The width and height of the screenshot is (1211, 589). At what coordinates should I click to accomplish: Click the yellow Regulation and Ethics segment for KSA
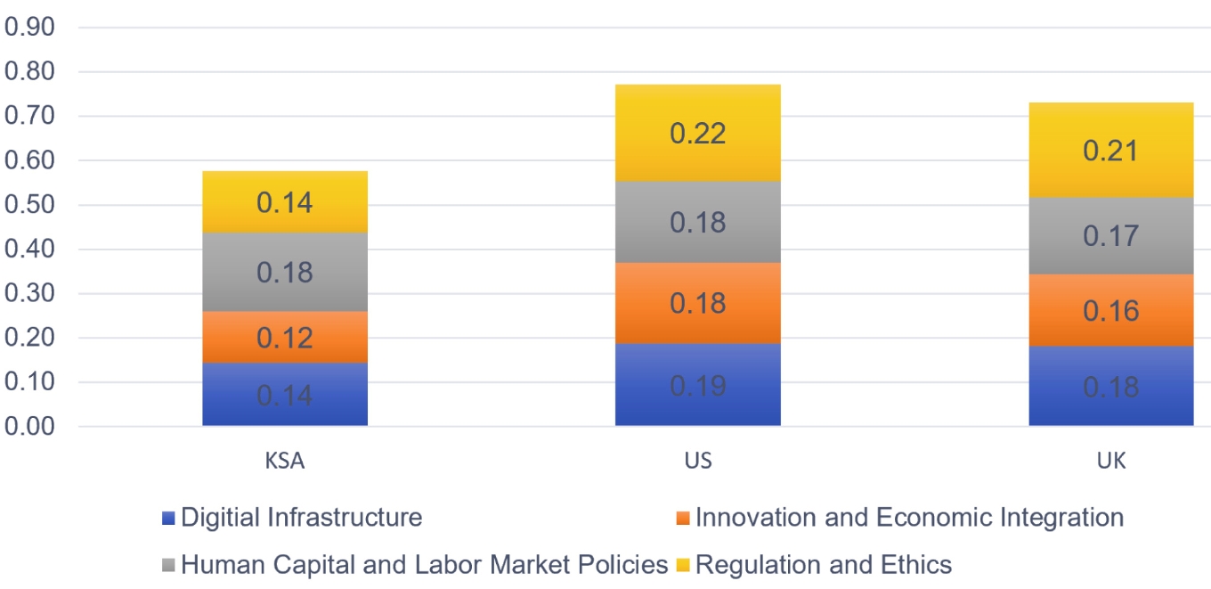285,201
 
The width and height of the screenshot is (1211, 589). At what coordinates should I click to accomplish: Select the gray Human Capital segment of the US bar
697,222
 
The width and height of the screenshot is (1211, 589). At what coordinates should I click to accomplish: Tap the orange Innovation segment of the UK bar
1111,310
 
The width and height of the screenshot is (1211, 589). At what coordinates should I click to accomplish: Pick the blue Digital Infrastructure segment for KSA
285,394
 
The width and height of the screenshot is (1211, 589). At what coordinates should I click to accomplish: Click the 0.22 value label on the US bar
697,134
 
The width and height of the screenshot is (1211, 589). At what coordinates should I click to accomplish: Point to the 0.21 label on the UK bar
1111,151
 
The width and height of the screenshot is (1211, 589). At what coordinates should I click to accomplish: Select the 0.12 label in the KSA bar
285,338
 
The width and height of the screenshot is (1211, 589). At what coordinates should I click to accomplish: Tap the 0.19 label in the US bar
697,386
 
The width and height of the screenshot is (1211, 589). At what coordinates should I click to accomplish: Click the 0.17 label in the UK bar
1111,236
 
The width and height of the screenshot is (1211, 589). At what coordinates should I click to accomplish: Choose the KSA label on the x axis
285,461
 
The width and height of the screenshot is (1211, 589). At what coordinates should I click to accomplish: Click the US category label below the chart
698,461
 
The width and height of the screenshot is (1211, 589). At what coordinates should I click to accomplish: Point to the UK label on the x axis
1111,461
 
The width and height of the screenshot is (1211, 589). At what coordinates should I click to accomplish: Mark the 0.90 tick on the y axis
29,27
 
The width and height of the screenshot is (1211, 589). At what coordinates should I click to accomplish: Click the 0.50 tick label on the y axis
29,204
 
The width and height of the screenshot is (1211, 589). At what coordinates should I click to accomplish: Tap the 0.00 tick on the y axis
29,426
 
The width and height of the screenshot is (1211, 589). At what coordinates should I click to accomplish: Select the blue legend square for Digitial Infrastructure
168,518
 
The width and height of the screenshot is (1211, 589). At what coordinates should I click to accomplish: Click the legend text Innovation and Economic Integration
909,517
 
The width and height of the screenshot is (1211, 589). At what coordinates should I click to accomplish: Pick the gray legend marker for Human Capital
168,566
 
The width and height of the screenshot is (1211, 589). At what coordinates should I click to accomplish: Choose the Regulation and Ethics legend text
824,565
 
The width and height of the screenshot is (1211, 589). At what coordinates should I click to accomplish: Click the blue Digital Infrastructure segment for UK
1111,386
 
